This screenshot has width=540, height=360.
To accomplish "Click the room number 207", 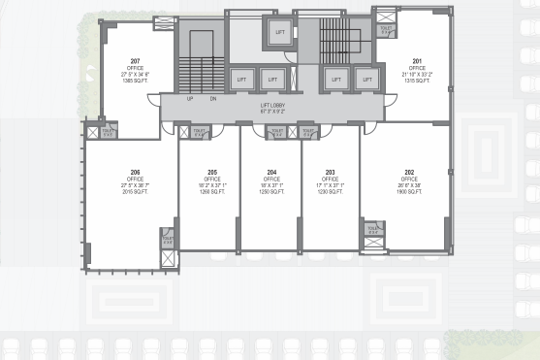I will tap(136, 60).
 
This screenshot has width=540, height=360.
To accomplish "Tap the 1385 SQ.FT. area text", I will tap(136, 80).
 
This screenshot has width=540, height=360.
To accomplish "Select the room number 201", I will tap(418, 60).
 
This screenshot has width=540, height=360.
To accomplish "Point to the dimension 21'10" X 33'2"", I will tap(418, 74).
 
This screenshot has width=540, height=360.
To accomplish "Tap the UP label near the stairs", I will tap(190, 99).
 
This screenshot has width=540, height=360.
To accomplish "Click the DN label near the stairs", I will tap(212, 99).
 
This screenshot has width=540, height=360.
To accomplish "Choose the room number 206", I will tap(136, 173).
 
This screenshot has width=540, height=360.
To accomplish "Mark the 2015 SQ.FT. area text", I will tap(136, 192).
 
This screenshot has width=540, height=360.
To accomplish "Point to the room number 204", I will tap(272, 173).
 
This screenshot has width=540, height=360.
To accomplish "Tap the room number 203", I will tap(331, 173).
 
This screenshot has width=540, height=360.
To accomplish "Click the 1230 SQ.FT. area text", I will tap(331, 192).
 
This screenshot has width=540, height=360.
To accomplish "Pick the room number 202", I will tap(410, 173).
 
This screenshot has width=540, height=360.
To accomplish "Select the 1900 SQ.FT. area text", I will tap(410, 192).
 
